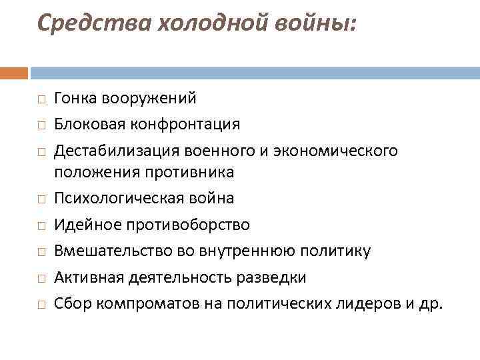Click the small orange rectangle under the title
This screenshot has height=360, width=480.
pos(14,73)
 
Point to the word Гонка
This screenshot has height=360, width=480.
pos(75,99)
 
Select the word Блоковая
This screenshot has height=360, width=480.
pos(85,124)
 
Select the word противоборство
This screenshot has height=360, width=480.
pos(195,225)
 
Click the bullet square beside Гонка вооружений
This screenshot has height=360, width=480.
pos(41,99)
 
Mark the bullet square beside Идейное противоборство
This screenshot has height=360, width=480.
pos(41,225)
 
